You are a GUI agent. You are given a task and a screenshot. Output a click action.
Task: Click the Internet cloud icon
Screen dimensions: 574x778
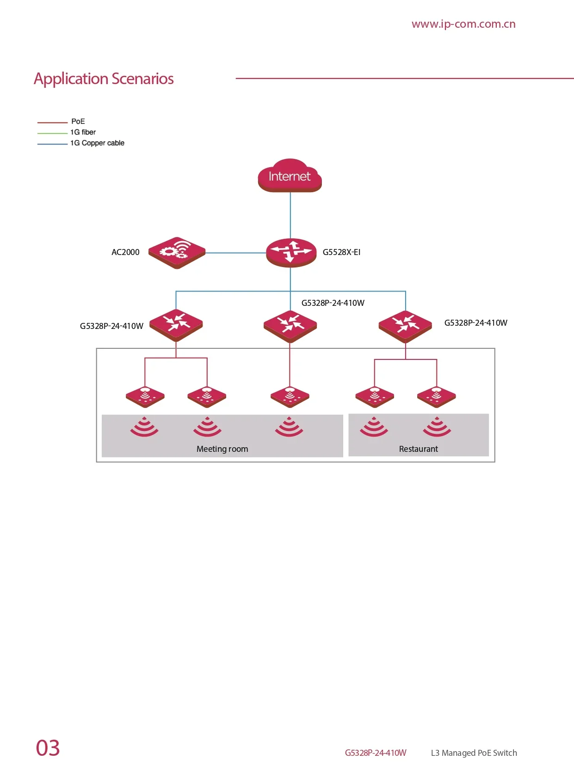pos(290,176)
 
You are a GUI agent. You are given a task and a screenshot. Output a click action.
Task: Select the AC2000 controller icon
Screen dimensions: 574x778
pos(177,253)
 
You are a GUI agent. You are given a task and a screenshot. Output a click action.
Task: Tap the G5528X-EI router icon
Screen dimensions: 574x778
pos(291,253)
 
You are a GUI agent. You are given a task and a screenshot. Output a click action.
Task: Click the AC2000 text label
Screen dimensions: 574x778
pos(125,252)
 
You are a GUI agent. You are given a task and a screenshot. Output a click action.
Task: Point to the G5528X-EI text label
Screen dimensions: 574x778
pos(341,252)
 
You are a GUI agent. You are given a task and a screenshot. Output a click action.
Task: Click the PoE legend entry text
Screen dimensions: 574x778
pos(78,121)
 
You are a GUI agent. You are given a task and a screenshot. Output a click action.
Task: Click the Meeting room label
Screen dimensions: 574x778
pos(222,449)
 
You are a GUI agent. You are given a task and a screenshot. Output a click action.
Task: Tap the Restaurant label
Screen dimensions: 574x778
pos(418,449)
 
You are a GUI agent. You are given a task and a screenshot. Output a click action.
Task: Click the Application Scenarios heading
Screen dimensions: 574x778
pos(104,79)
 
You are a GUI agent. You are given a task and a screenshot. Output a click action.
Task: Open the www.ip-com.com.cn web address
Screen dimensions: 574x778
pos(463,24)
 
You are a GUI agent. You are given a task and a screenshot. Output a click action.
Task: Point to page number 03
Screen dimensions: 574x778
pos(48,748)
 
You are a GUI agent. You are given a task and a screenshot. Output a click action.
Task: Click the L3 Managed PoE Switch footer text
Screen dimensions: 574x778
pos(474,753)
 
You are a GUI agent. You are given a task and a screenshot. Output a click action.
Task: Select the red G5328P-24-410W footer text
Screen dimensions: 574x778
pos(376,753)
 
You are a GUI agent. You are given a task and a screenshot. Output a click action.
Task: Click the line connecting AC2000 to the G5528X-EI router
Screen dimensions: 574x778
pos(236,253)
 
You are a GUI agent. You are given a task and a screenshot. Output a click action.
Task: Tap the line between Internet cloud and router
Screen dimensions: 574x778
pos(290,215)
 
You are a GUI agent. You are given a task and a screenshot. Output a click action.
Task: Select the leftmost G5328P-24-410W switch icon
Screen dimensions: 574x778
pos(176,325)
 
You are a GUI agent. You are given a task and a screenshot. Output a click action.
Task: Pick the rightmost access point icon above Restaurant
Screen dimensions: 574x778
pos(436,397)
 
